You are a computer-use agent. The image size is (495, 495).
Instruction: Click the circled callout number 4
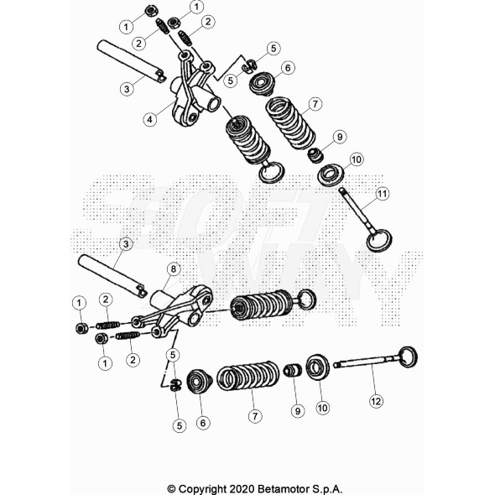pyautogui.click(x=149, y=120)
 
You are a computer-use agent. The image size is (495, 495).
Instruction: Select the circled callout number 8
pyautogui.click(x=174, y=269)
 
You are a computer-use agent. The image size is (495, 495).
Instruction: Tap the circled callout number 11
pyautogui.click(x=382, y=193)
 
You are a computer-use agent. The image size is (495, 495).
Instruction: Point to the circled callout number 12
pyautogui.click(x=376, y=401)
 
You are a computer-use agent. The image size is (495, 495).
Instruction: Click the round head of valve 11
pyautogui.click(x=379, y=241)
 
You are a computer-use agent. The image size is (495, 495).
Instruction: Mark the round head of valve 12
pyautogui.click(x=408, y=357)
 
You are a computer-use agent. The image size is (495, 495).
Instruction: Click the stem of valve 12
pyautogui.click(x=366, y=362)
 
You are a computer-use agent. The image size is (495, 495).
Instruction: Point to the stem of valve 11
pyautogui.click(x=356, y=211)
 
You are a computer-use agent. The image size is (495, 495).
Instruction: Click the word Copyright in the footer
pyautogui.click(x=202, y=489)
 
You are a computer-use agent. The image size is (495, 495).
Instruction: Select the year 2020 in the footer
pyautogui.click(x=242, y=488)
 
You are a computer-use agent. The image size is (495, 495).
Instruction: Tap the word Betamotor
pyautogui.click(x=284, y=488)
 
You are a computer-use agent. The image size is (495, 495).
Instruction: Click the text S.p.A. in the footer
pyautogui.click(x=328, y=488)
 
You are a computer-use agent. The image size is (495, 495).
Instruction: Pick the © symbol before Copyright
pyautogui.click(x=171, y=489)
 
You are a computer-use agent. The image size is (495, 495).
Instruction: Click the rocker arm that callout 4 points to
pyautogui.click(x=193, y=91)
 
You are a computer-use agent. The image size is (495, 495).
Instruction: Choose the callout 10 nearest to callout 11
pyautogui.click(x=357, y=159)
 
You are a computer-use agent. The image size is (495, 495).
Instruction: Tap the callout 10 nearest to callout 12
pyautogui.click(x=322, y=408)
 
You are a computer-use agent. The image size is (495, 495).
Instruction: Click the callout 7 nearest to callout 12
pyautogui.click(x=255, y=416)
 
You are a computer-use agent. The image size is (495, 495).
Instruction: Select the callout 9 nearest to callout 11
pyautogui.click(x=340, y=137)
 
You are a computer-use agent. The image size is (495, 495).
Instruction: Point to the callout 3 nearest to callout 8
pyautogui.click(x=126, y=244)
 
